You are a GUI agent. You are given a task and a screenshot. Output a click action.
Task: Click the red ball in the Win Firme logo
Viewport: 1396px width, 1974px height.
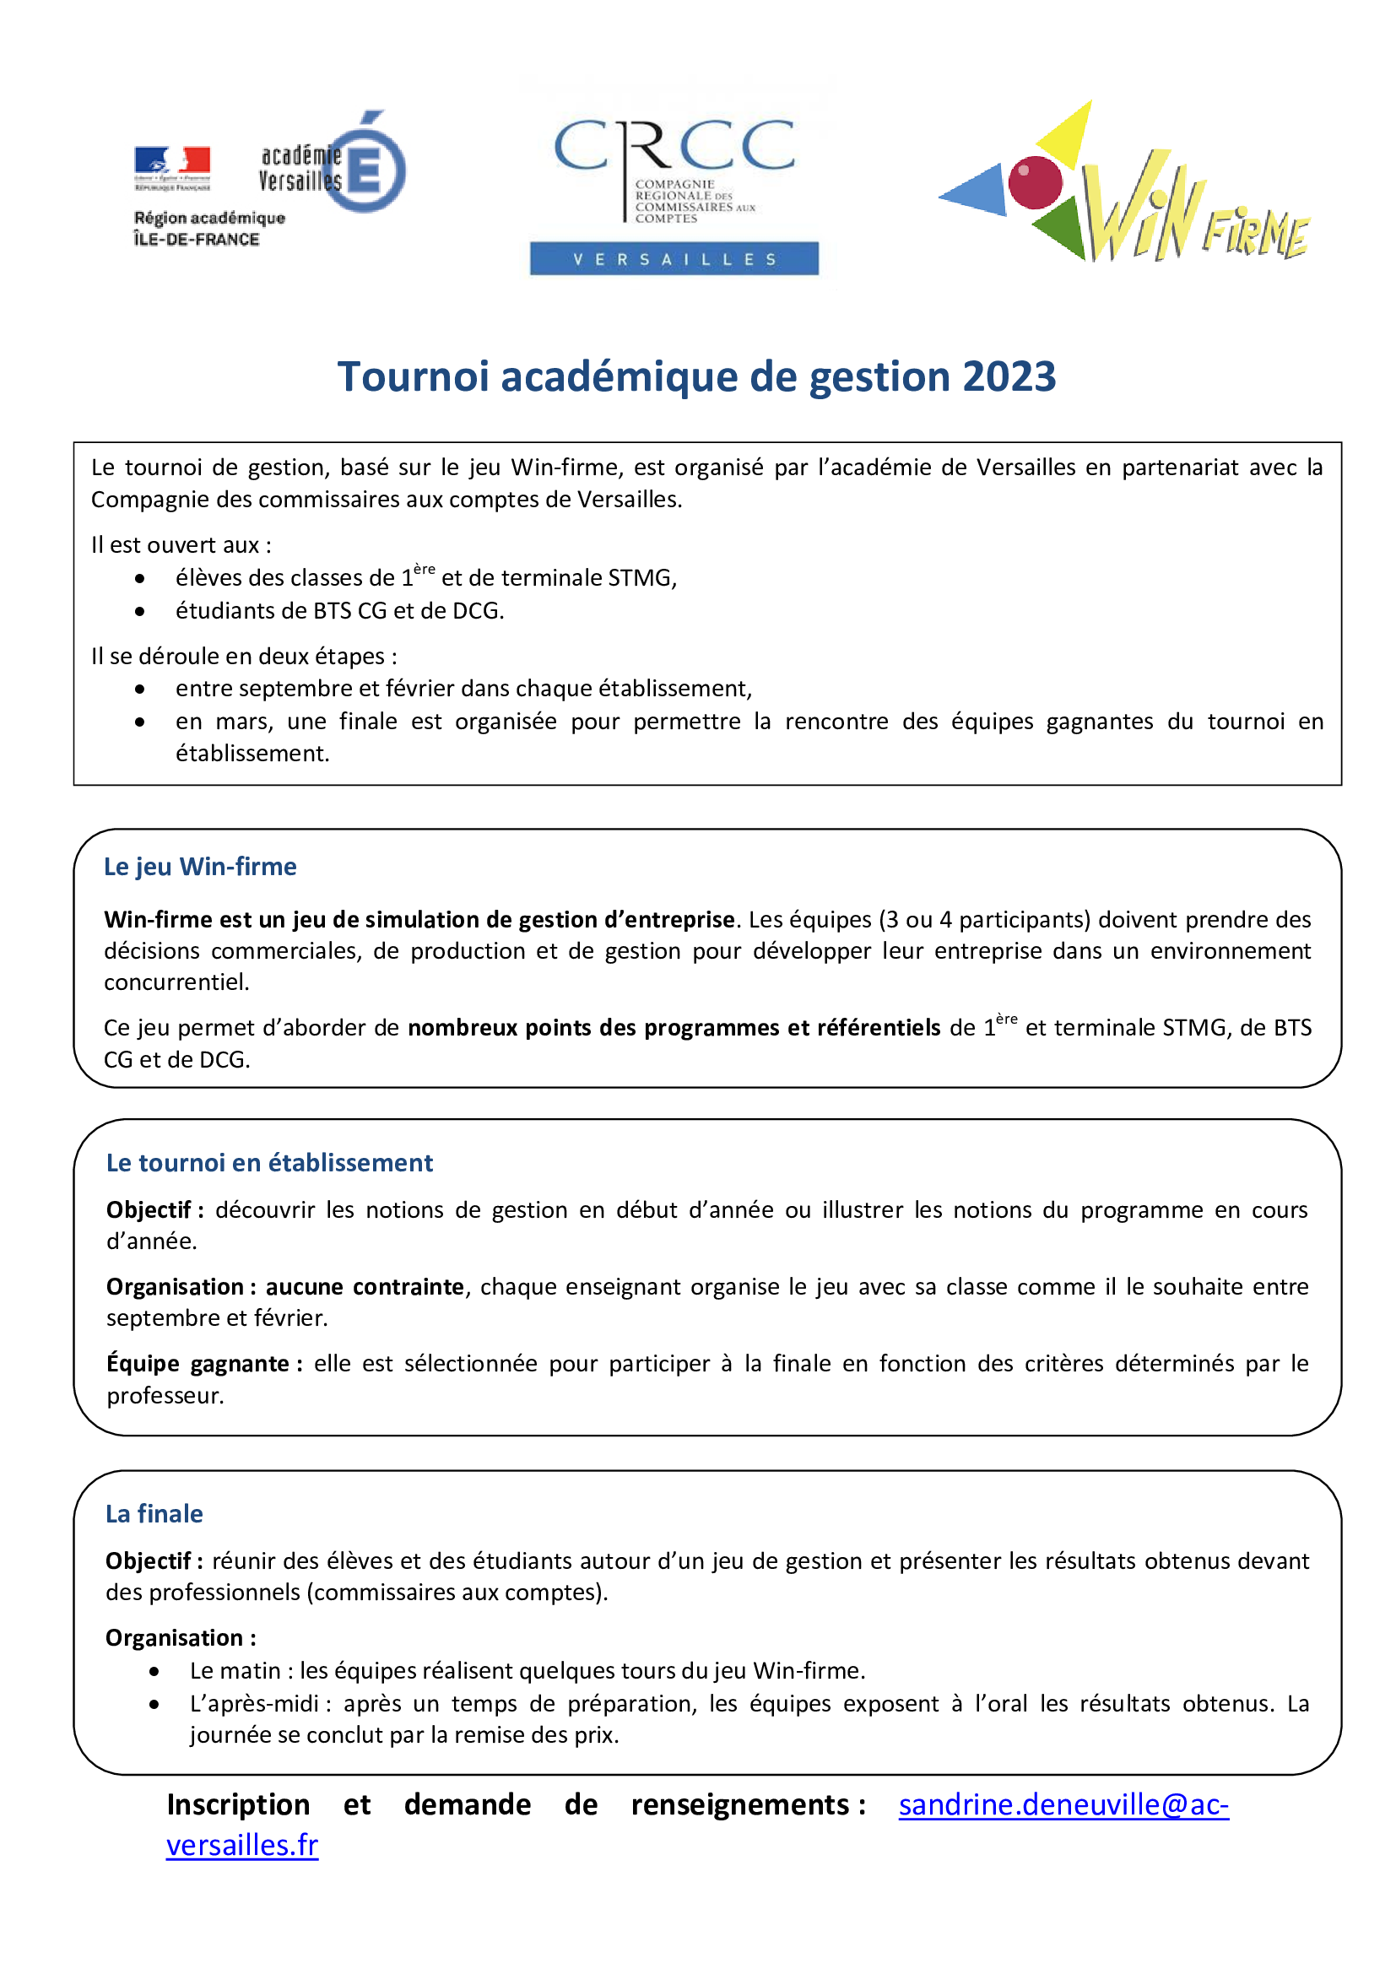1034,182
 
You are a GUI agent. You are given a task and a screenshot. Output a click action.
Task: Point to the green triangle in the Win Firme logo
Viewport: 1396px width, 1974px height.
1061,227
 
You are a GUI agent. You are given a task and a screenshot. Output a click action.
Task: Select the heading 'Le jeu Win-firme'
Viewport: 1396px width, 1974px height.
200,867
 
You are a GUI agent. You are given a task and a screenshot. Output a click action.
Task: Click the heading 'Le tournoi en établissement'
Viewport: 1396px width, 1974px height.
269,1162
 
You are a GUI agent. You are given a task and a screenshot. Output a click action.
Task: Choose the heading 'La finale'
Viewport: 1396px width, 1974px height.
154,1514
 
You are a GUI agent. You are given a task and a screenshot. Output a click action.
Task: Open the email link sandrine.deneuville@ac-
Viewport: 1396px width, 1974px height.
1063,1804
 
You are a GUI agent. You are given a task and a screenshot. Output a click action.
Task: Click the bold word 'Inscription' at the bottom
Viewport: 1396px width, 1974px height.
238,1804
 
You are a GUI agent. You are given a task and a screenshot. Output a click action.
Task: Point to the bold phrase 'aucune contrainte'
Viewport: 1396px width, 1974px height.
365,1286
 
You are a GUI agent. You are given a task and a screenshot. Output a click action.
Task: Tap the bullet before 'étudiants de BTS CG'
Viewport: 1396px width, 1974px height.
140,611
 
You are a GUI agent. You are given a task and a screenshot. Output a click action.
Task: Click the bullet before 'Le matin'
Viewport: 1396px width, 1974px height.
154,1671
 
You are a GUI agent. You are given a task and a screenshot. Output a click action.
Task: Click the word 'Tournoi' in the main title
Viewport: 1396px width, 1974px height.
414,376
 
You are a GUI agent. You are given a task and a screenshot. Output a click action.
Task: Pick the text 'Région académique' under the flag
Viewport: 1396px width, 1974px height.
208,219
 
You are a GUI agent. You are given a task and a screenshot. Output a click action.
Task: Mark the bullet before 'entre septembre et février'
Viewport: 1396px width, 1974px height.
140,689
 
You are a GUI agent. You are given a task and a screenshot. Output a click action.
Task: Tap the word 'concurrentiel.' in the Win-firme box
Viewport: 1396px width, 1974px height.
177,982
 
